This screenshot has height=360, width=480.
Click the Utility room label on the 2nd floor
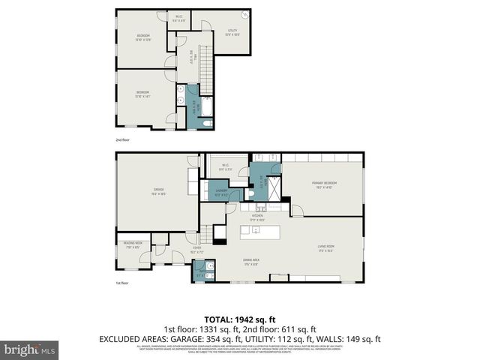point(232,32)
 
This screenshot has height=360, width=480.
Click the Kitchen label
point(257,218)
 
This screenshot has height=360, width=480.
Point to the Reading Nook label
point(133,245)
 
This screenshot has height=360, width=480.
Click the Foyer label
point(196,250)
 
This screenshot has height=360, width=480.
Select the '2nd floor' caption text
point(122,140)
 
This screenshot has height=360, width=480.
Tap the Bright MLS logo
point(30,349)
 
